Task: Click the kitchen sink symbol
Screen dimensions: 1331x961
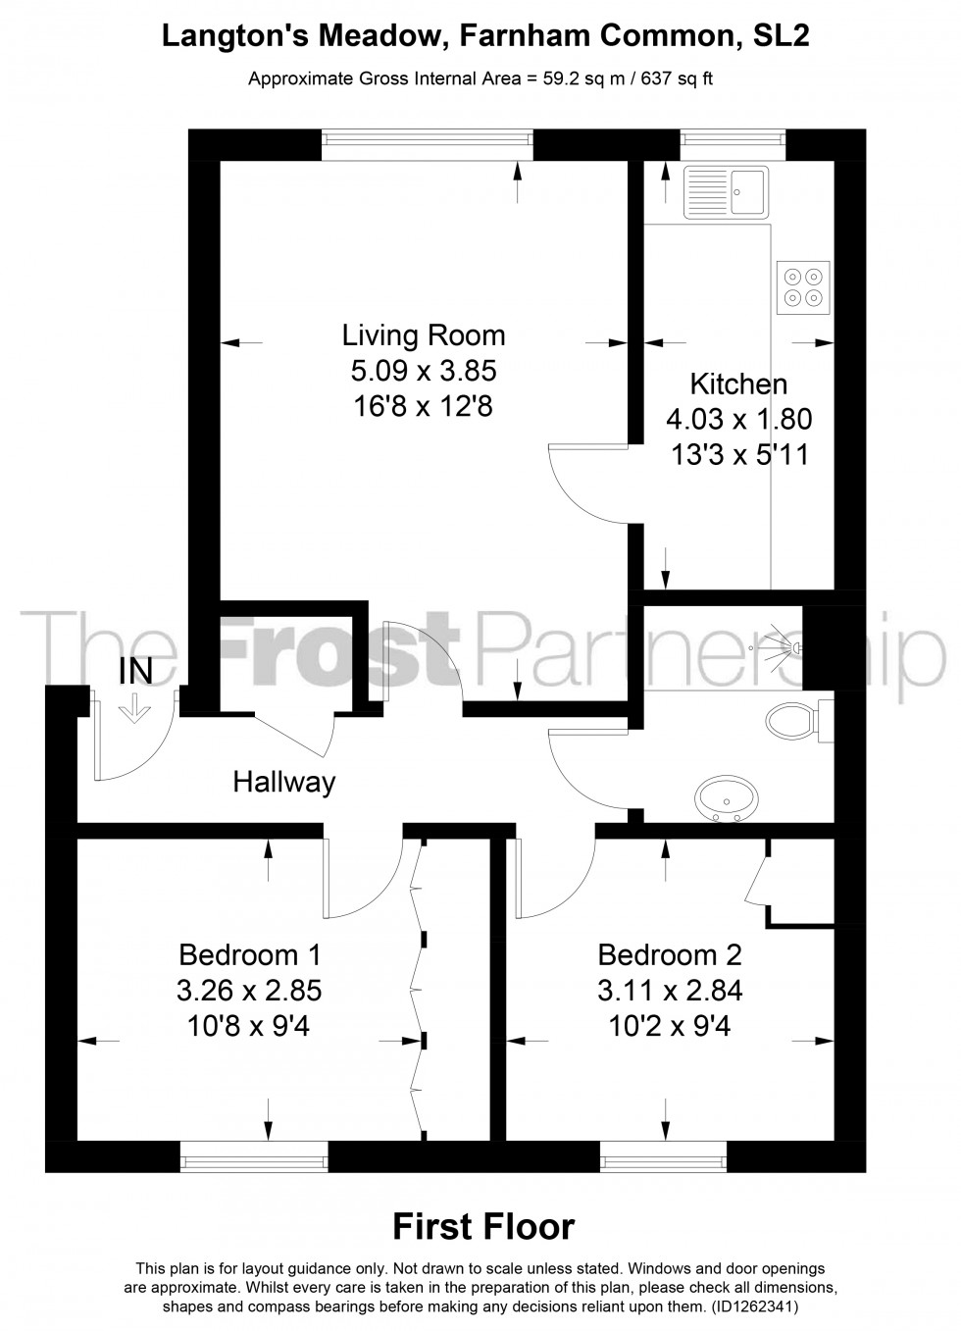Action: click(x=726, y=190)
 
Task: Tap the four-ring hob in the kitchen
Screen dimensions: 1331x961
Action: click(x=803, y=286)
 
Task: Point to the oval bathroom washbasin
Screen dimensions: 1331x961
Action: click(x=725, y=795)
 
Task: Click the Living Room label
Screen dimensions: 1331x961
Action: click(x=424, y=335)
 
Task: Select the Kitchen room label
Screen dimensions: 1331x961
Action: click(x=738, y=384)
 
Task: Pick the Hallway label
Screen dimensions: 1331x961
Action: click(x=283, y=782)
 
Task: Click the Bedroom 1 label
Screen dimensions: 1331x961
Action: click(x=249, y=953)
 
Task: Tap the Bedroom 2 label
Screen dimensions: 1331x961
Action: click(x=670, y=953)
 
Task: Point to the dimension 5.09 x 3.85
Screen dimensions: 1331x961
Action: click(x=424, y=371)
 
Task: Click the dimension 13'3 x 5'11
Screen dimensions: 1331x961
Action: click(x=738, y=455)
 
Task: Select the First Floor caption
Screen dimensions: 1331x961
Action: click(x=482, y=1226)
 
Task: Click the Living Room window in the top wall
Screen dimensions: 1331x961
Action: click(x=428, y=144)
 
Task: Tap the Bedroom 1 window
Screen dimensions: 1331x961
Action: click(x=253, y=1158)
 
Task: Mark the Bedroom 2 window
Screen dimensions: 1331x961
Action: click(x=663, y=1158)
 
